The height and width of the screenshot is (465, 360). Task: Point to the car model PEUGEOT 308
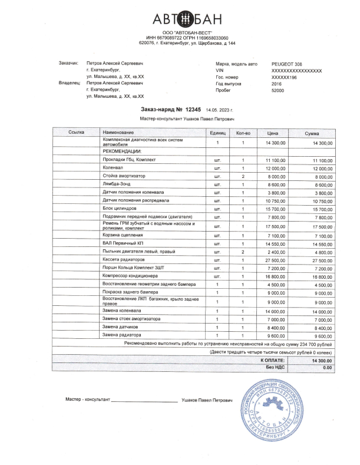click(288, 62)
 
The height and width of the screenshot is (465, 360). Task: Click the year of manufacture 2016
click(277, 84)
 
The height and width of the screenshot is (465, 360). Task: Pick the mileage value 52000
click(278, 91)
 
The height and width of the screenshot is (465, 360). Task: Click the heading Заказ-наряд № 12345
click(171, 110)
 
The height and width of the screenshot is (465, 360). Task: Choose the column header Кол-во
click(243, 133)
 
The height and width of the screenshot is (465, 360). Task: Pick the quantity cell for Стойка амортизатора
click(243, 176)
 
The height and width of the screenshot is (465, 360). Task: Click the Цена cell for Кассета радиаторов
click(276, 259)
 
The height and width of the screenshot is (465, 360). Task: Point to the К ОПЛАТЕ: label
click(272, 359)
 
